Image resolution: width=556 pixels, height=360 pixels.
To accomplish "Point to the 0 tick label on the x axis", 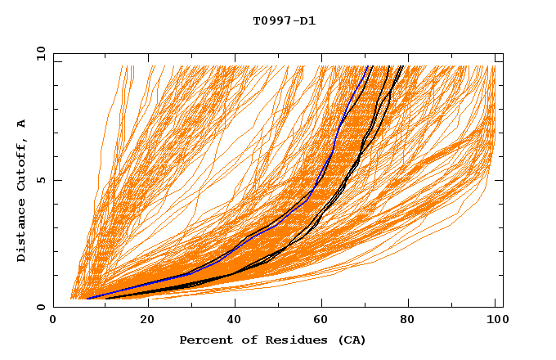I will pyautogui.click(x=53, y=321).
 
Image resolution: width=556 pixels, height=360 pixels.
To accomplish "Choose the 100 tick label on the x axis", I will pyautogui.click(x=495, y=321).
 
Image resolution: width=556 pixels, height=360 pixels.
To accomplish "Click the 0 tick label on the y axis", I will pyautogui.click(x=40, y=307).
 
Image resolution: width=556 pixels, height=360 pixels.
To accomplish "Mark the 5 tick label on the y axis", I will pyautogui.click(x=40, y=180).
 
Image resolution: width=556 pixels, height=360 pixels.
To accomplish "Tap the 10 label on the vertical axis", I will pyautogui.click(x=38, y=53).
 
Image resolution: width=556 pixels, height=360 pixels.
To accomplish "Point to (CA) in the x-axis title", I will pyautogui.click(x=350, y=340).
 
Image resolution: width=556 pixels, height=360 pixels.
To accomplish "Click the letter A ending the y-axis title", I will pyautogui.click(x=22, y=124).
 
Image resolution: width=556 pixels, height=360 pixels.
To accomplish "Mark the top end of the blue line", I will pyautogui.click(x=369, y=66).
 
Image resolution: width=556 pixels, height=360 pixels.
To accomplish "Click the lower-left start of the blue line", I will pyautogui.click(x=87, y=299).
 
